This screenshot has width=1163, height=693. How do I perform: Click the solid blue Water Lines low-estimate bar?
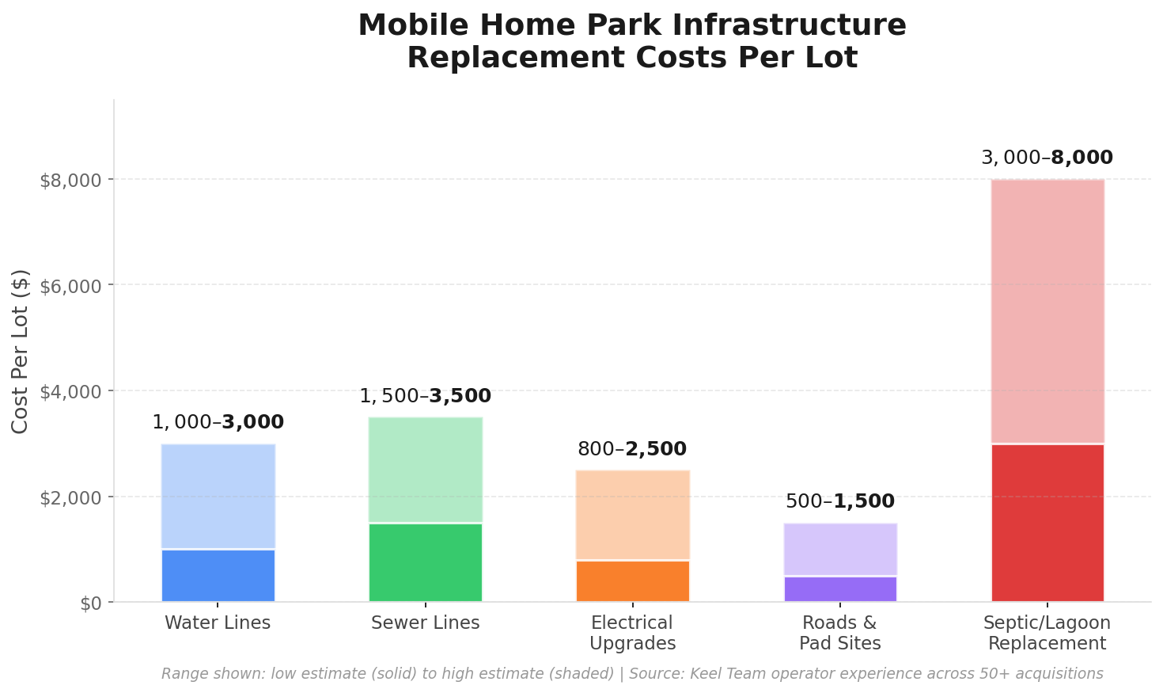[x=218, y=576]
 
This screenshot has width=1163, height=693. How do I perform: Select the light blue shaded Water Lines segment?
[x=218, y=497]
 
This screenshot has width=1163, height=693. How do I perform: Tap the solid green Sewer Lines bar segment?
[x=425, y=562]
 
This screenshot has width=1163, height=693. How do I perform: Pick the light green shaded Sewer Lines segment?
[x=425, y=470]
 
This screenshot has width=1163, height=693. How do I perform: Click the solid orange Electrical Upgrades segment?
[x=632, y=581]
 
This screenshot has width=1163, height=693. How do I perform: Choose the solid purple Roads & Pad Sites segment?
[x=840, y=589]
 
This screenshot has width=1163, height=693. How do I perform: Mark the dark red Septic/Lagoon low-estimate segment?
[x=1047, y=523]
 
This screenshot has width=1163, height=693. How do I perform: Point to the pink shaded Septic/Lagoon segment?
[x=1047, y=311]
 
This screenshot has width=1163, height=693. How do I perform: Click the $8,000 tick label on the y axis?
[x=70, y=180]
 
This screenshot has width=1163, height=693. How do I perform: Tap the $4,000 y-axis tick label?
[x=70, y=391]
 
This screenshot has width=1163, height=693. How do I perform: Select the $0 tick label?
[x=91, y=604]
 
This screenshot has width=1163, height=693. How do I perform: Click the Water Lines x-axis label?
[x=218, y=623]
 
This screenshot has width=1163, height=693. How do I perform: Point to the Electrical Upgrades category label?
[x=632, y=633]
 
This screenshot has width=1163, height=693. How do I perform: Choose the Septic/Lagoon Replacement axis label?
[x=1047, y=633]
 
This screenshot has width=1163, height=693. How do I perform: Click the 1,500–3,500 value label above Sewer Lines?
[x=425, y=396]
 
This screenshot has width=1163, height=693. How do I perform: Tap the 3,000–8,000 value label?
[x=1047, y=158]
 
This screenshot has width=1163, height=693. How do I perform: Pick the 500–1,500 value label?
[x=839, y=501]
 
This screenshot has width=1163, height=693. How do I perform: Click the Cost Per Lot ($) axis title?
[x=21, y=351]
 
